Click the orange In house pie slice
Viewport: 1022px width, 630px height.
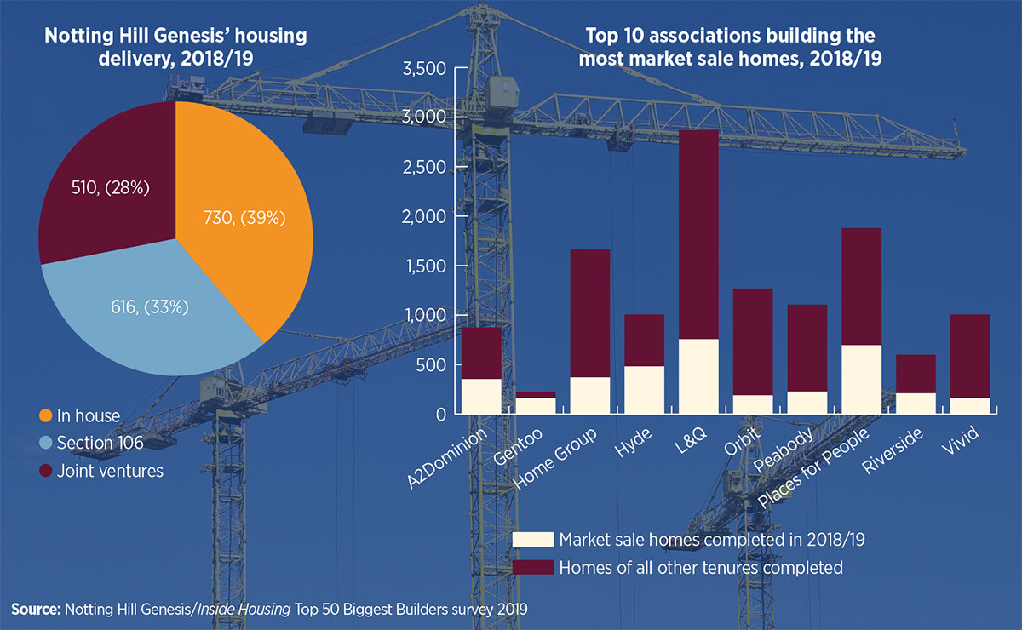click(x=247, y=221)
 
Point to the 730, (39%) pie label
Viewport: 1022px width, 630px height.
click(x=243, y=218)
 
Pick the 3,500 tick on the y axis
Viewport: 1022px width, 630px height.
click(x=422, y=69)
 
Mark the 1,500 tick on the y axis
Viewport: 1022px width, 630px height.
click(x=422, y=266)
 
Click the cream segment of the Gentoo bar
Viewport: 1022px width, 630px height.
click(x=536, y=405)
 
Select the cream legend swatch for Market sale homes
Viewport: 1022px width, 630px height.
click(x=532, y=540)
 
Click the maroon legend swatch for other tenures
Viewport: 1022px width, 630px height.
click(x=532, y=567)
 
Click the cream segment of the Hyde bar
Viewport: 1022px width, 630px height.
click(x=644, y=390)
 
